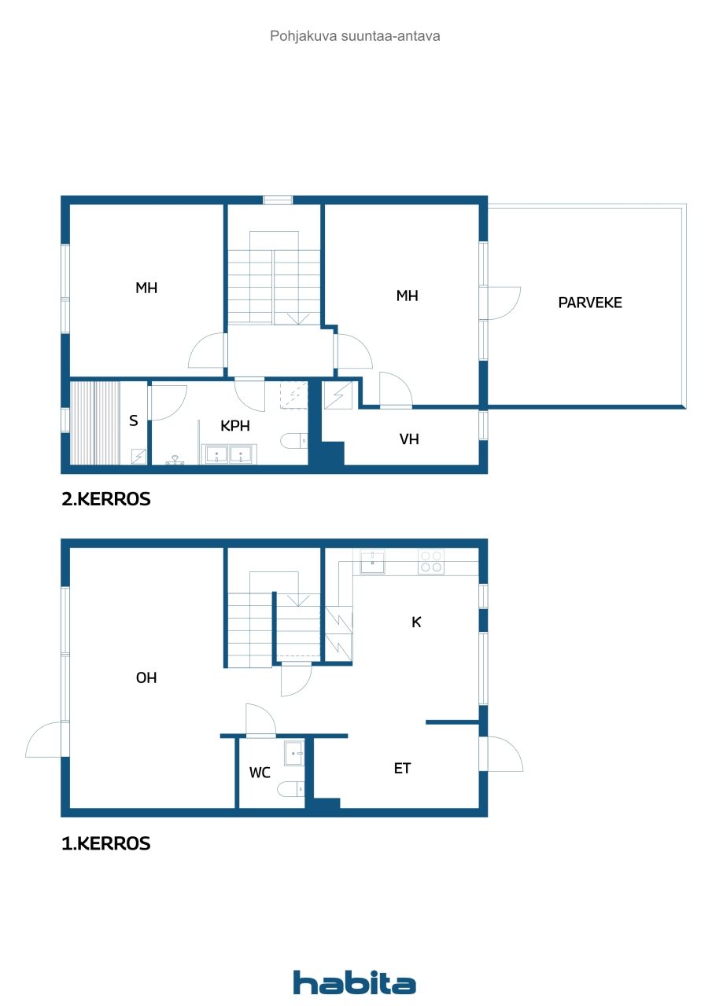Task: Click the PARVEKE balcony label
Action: [x=589, y=303]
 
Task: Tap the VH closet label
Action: [x=409, y=439]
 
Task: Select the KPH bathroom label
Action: [x=235, y=425]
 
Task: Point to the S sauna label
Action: [x=134, y=420]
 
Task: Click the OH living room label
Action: [x=146, y=677]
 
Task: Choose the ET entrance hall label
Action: [x=402, y=769]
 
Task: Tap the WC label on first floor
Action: [x=260, y=773]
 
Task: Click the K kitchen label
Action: [x=417, y=622]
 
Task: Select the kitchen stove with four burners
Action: [x=430, y=561]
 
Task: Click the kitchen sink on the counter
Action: [x=373, y=562]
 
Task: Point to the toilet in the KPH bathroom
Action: [x=294, y=440]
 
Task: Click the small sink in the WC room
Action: [x=293, y=752]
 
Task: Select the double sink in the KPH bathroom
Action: [x=228, y=454]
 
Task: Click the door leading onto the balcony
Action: [x=502, y=303]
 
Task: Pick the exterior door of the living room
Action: [x=46, y=740]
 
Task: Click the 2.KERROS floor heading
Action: [x=105, y=499]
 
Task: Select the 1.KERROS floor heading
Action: [x=105, y=844]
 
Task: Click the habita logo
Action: [x=355, y=982]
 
